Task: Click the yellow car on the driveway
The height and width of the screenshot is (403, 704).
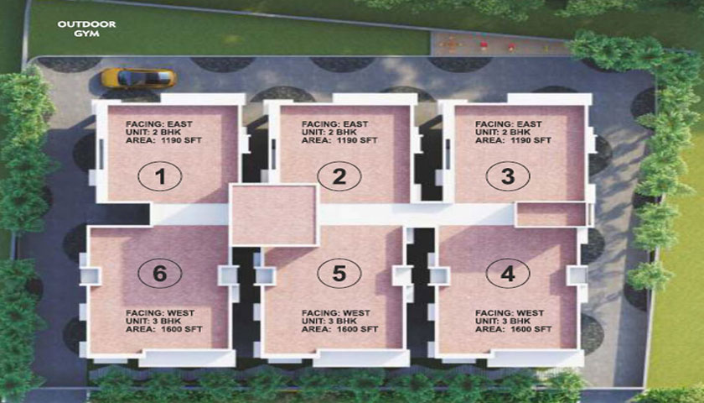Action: (138, 78)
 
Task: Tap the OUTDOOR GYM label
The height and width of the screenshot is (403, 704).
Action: (86, 29)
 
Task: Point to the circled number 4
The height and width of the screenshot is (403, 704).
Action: (508, 274)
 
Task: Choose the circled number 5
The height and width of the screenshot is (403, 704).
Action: (339, 274)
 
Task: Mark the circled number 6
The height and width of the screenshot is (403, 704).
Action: (160, 274)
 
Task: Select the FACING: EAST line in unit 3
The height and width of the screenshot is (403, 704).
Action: (509, 123)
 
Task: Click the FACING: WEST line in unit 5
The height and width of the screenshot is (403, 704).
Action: (336, 313)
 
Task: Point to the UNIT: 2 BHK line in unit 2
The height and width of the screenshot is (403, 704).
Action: (329, 133)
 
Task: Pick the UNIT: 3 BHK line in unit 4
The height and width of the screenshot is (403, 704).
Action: (503, 321)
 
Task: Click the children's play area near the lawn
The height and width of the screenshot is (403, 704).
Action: (499, 44)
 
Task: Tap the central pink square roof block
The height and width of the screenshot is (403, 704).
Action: (274, 215)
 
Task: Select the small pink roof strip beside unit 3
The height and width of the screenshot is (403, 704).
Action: (551, 215)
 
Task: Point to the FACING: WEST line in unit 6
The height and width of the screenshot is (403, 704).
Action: (160, 313)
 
